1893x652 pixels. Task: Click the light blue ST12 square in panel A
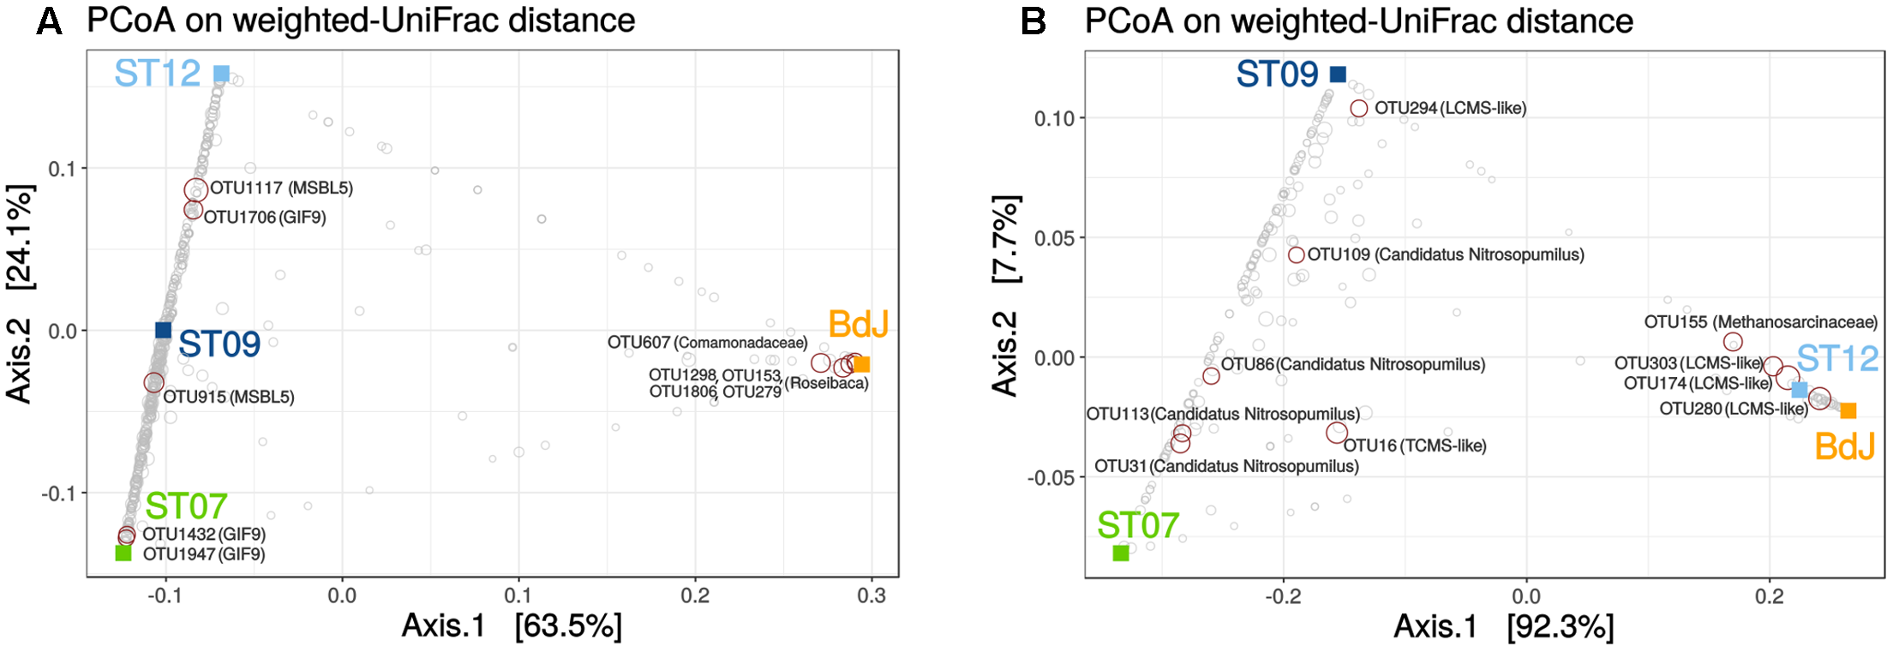point(221,74)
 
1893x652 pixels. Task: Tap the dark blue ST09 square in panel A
point(163,330)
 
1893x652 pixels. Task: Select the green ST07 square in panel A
point(123,553)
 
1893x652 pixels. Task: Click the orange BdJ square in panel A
point(862,364)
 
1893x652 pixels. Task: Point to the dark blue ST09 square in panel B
point(1338,75)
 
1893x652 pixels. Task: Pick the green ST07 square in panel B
point(1121,553)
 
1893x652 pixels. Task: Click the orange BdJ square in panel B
point(1848,410)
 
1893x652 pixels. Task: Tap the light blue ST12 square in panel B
point(1800,390)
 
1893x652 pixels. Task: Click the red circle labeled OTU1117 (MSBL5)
point(195,189)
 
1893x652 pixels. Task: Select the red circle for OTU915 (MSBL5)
point(153,382)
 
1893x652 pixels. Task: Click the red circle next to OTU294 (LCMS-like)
point(1359,109)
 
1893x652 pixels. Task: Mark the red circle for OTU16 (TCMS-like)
point(1337,433)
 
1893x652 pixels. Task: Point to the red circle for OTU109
point(1297,254)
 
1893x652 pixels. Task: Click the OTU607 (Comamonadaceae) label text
point(707,343)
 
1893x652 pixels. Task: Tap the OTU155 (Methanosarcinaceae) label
point(1760,322)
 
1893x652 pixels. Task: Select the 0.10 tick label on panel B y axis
point(1054,118)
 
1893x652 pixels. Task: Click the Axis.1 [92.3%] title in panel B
point(1503,627)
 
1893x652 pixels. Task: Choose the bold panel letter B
point(1033,21)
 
